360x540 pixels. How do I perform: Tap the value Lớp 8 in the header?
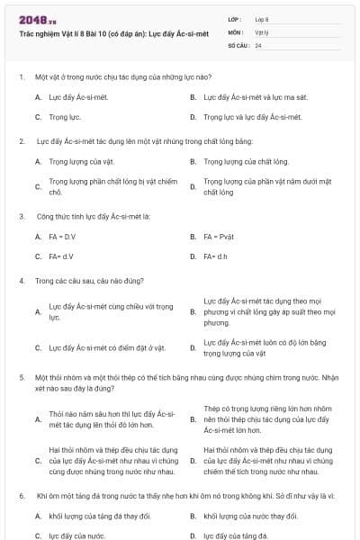[262, 18]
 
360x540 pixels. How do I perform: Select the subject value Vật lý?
[262, 31]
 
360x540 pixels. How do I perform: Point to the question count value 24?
[258, 44]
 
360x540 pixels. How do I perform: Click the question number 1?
[21, 76]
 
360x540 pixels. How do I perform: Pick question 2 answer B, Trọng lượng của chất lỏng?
[246, 162]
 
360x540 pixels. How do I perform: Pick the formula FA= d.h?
[216, 256]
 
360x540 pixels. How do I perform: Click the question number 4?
[21, 281]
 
